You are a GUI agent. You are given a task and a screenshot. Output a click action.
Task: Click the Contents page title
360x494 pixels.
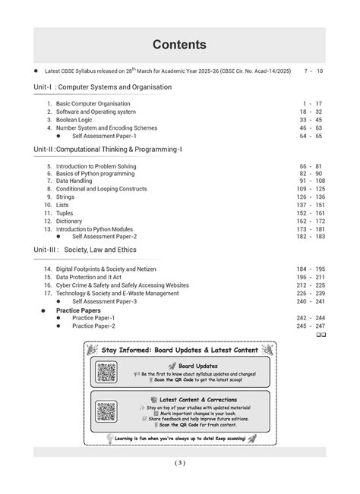[179, 45]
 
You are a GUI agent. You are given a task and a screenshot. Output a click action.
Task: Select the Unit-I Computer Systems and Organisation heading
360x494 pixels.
[103, 87]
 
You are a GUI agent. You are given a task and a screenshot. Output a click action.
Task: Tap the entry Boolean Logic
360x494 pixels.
[79, 120]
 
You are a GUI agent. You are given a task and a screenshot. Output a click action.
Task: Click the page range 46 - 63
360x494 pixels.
[311, 128]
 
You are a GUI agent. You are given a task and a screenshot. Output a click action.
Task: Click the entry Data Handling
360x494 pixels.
[77, 181]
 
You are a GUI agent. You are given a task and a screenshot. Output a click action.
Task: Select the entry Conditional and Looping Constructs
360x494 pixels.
[101, 189]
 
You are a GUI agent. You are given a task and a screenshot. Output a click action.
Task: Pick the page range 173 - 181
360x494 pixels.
[311, 228]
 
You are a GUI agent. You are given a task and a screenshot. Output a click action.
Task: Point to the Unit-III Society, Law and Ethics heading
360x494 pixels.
[103, 250]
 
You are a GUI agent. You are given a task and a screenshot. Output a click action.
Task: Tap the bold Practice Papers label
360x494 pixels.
[78, 310]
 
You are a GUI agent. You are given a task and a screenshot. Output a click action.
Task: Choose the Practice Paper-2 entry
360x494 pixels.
[93, 326]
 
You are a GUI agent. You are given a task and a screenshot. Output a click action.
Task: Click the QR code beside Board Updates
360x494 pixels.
[106, 372]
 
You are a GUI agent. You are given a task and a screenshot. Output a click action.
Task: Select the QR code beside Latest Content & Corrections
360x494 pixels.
[106, 411]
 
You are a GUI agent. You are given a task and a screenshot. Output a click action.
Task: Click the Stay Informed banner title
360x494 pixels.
[180, 350]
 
